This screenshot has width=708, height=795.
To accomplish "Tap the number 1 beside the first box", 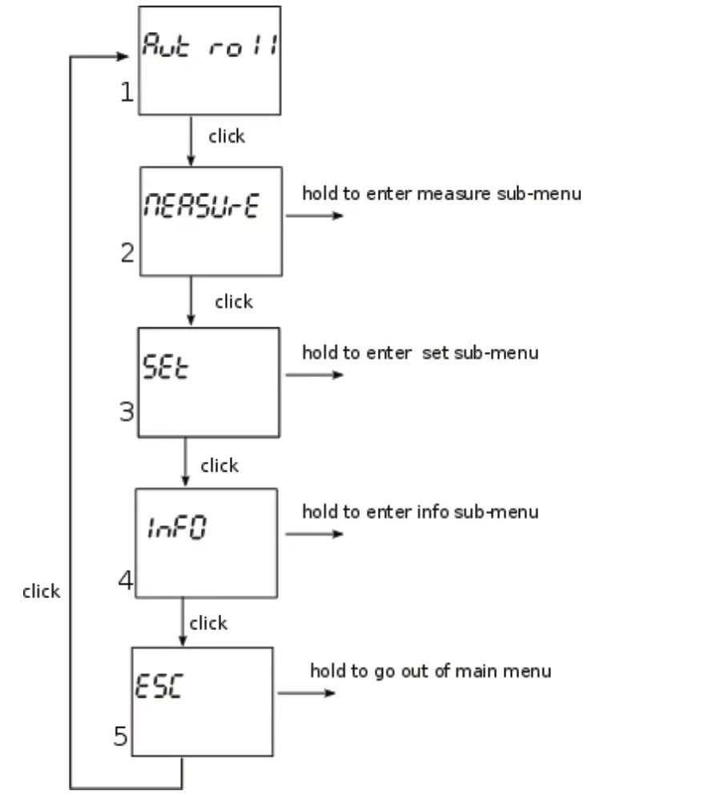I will (x=127, y=93).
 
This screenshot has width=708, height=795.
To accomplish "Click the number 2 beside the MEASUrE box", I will (x=128, y=254).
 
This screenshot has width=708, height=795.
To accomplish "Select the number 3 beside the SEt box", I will (x=127, y=412).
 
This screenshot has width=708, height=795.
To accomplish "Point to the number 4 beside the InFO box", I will (x=126, y=580).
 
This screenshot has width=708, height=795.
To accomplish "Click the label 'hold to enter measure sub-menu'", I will (x=441, y=194).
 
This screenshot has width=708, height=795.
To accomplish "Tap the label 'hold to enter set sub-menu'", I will (x=420, y=352).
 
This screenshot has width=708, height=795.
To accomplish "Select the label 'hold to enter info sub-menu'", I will (x=420, y=512).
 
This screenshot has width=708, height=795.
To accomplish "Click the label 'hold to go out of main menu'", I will (x=430, y=670).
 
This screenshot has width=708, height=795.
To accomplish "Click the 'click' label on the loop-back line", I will (x=41, y=592).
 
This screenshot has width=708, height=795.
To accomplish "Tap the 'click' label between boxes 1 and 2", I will (x=226, y=137).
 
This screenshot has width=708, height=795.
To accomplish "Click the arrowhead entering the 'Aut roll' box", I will (x=122, y=57).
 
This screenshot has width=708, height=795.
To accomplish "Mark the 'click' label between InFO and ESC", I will (x=208, y=623).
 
